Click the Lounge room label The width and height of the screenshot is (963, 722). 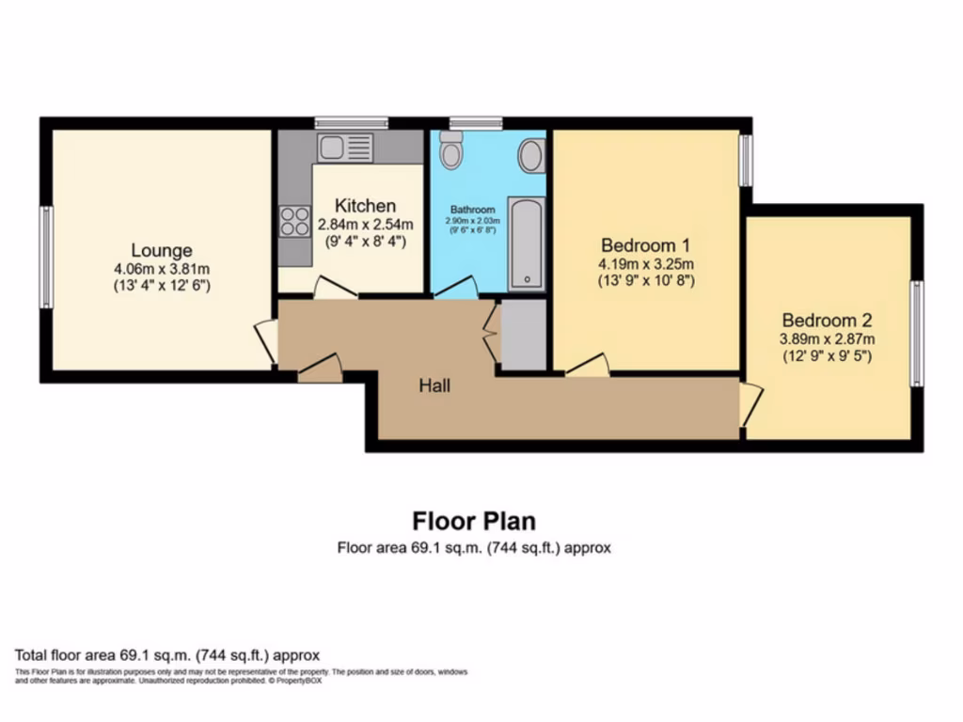click(162, 251)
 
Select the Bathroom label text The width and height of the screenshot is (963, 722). click(472, 210)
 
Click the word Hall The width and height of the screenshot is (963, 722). click(435, 385)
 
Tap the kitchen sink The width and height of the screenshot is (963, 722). click(345, 147)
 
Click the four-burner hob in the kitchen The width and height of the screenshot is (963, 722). click(294, 222)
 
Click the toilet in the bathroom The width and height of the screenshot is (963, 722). click(451, 150)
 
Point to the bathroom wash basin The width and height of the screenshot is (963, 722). click(531, 156)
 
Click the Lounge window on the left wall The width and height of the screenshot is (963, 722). click(45, 257)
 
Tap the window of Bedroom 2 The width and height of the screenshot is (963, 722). click(917, 333)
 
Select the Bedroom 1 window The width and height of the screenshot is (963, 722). click(745, 160)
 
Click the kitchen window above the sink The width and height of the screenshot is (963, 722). click(351, 122)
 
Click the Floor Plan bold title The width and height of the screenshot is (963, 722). click(474, 520)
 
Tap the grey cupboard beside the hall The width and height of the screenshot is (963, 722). click(523, 335)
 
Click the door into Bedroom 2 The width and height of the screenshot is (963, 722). click(749, 404)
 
